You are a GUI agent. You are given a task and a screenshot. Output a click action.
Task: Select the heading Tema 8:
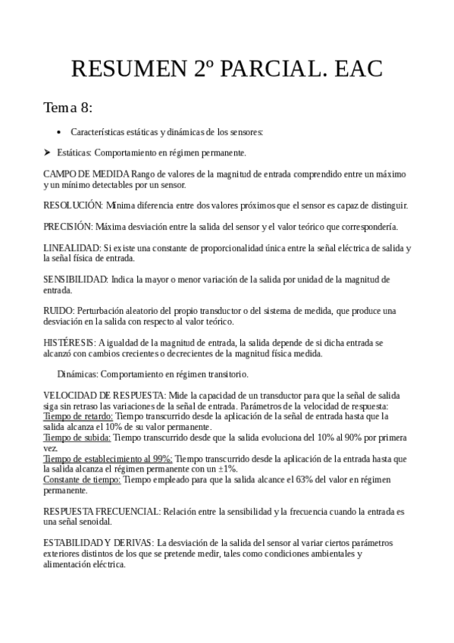click(x=68, y=106)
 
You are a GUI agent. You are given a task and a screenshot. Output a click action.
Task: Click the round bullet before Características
click(x=59, y=132)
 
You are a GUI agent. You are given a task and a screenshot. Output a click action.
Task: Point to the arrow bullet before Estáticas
click(x=47, y=152)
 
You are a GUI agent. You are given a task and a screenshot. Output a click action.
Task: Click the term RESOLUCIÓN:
click(x=73, y=205)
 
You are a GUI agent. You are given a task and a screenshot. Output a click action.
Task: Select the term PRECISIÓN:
click(x=68, y=226)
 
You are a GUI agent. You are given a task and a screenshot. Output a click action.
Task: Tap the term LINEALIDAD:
click(x=72, y=248)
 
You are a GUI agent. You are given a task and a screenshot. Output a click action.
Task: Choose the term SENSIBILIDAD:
click(x=76, y=279)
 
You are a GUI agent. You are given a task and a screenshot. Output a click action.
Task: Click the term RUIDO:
click(x=59, y=311)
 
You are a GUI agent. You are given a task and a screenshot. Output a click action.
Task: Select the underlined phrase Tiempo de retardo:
click(x=78, y=416)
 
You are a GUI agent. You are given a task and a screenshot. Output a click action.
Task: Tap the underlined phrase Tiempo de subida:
click(x=77, y=438)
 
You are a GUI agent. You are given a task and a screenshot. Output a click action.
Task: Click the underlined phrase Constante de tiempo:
click(x=82, y=480)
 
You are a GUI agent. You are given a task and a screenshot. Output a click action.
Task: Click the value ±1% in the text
click(x=227, y=469)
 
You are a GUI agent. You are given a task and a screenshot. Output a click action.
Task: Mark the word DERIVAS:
click(x=133, y=543)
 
